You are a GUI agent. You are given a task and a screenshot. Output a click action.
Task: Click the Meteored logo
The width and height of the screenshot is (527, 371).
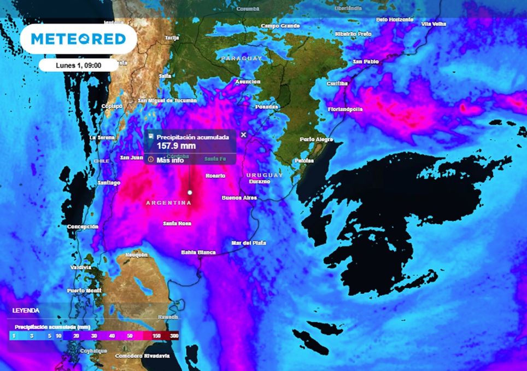[x=79, y=39]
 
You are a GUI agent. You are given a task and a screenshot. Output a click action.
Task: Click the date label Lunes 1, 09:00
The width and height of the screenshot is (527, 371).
[x=79, y=65]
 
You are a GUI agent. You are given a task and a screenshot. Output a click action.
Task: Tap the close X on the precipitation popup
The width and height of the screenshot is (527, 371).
[x=244, y=135]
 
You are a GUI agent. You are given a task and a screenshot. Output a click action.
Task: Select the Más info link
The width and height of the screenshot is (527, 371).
[x=170, y=160]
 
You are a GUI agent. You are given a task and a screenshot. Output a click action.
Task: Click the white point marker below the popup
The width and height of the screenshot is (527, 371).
[x=190, y=192]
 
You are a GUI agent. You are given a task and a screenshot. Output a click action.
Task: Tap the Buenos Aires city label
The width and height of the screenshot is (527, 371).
[x=239, y=198]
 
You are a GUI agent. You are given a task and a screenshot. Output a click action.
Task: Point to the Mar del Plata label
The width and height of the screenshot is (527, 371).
[x=248, y=242]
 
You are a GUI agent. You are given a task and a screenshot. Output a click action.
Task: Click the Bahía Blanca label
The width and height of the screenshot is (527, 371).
[x=198, y=252]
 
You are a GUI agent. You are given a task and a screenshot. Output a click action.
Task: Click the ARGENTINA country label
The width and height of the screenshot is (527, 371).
[x=168, y=203]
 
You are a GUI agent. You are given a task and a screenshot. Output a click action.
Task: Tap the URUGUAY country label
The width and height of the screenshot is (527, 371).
[x=265, y=175]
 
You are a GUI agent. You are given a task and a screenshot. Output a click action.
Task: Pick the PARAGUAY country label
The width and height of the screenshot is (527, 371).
[x=242, y=58]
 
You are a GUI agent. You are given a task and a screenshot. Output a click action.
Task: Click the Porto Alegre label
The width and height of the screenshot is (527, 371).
[x=315, y=140]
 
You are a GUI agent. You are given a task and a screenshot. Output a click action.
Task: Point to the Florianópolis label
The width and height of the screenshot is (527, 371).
[x=345, y=109]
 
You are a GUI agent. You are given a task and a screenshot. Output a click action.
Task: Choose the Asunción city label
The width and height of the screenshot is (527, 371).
[x=247, y=82]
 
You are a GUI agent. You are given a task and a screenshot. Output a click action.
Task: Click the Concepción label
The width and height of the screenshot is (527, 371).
[x=83, y=227]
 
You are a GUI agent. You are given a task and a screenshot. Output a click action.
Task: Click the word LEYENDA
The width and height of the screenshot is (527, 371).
[x=26, y=310]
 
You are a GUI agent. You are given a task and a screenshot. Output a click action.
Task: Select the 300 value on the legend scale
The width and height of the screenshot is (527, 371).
[x=174, y=336]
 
